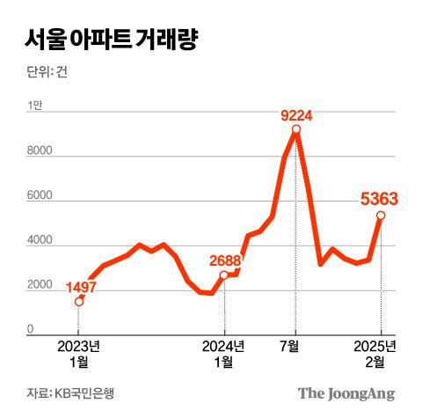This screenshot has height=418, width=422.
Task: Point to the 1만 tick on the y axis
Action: click(35, 106)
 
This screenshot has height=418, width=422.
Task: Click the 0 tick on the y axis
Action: click(30, 330)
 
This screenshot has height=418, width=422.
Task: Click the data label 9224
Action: click(296, 114)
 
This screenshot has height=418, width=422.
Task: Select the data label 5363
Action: click(380, 200)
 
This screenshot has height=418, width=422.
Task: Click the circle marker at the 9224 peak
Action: click(296, 129)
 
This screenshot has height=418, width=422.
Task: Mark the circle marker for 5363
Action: click(381, 216)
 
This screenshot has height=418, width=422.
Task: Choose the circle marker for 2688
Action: click(225, 275)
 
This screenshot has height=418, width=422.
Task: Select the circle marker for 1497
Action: click(79, 302)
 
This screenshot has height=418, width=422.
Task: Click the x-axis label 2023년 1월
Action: click(78, 351)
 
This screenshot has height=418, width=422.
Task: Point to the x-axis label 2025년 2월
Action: click(380, 351)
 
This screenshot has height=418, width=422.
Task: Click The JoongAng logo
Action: click(346, 392)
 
